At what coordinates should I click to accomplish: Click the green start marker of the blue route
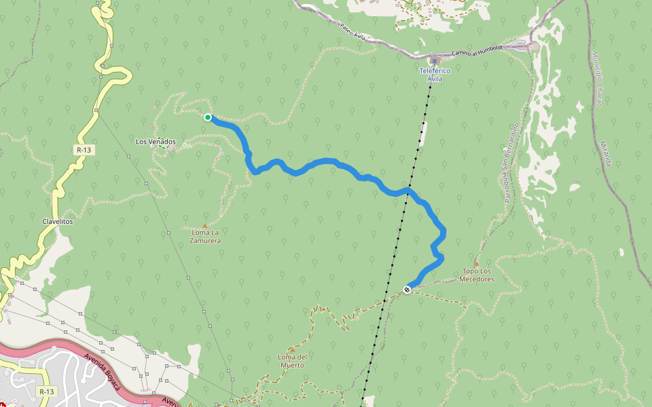[x=208, y=117]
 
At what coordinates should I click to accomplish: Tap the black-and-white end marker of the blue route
[x=407, y=290]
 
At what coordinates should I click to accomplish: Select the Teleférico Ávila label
[x=435, y=75]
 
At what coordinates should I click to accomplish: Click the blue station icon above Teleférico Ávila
[x=435, y=61]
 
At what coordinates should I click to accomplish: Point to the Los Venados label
[x=156, y=142]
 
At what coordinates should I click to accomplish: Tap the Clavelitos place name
[x=57, y=221]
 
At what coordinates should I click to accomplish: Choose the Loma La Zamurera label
[x=205, y=236]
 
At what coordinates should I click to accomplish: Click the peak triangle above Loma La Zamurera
[x=204, y=225]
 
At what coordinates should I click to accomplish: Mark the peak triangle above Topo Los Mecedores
[x=476, y=263]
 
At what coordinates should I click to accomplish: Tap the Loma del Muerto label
[x=292, y=361]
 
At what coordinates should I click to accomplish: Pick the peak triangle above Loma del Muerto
[x=291, y=350]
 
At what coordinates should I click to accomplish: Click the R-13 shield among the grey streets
[x=46, y=391]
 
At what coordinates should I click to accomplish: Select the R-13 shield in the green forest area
[x=84, y=149]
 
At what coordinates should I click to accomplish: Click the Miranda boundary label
[x=606, y=154]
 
